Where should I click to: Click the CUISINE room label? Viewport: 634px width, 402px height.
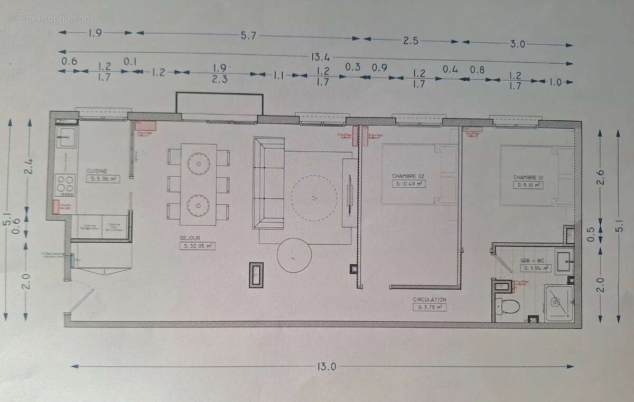click(x=98, y=171)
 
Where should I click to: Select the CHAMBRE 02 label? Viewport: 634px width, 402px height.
click(x=408, y=176)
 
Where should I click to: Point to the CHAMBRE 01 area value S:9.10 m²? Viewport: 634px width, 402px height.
click(x=529, y=185)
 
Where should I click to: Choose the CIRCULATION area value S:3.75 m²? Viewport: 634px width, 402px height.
click(x=430, y=307)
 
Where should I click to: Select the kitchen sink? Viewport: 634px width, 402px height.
click(x=67, y=139)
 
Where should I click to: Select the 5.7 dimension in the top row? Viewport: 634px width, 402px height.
click(x=248, y=36)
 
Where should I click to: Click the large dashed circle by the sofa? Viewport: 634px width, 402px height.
click(x=314, y=198)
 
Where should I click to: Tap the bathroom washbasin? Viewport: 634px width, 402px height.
click(x=563, y=259)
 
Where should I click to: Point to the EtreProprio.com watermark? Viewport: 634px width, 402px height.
click(x=50, y=18)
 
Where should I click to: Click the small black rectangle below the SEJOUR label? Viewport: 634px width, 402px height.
click(x=257, y=274)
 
